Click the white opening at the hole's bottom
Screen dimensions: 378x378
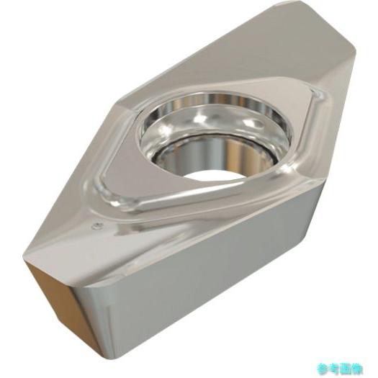click(213, 177)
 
